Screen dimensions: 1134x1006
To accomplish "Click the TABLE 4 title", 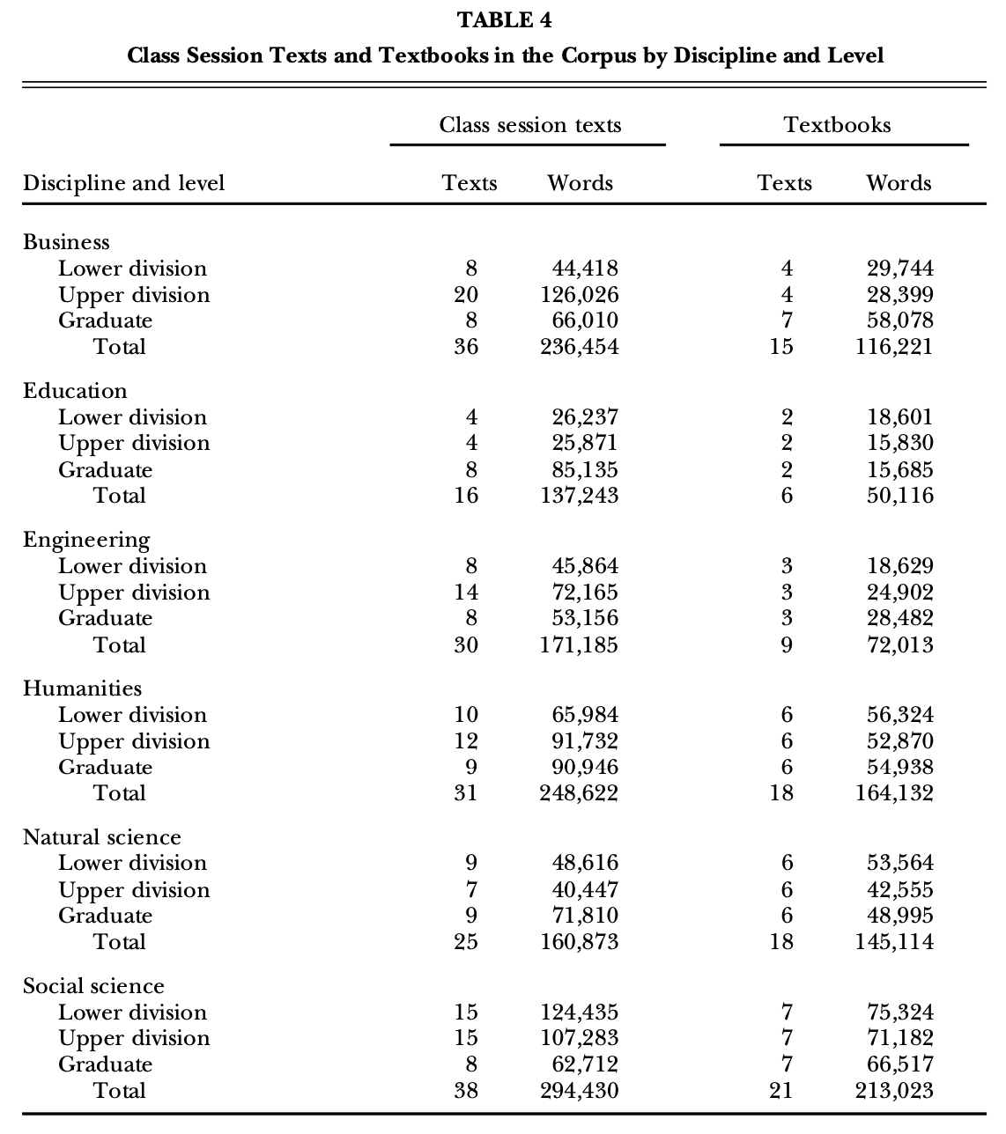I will click(x=505, y=20).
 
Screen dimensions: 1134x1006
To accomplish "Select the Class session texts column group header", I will click(x=530, y=125).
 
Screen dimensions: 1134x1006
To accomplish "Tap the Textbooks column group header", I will click(x=837, y=125).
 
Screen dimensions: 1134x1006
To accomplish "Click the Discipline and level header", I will click(x=124, y=183).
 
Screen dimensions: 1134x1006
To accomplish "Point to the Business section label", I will click(x=67, y=242).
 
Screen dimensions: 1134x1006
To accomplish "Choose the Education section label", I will click(x=75, y=391).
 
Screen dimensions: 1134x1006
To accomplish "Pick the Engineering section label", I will click(x=86, y=540).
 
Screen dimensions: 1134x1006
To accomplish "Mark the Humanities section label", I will click(x=82, y=688).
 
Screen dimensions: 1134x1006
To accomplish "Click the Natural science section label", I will click(x=102, y=837).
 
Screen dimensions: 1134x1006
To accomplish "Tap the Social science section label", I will click(x=93, y=986).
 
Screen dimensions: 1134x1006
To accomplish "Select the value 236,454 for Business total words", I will click(x=580, y=347).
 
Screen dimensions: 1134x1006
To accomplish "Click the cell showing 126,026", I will click(x=580, y=295).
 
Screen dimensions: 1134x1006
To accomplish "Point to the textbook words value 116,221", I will click(x=894, y=347).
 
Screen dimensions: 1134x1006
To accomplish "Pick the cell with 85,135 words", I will click(x=585, y=470).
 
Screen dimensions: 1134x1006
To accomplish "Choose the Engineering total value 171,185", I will click(x=580, y=645).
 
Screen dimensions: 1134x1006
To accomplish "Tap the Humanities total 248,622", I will click(x=580, y=793).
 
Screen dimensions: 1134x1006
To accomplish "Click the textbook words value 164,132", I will click(x=894, y=793).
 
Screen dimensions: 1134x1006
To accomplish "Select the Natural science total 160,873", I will click(x=580, y=942).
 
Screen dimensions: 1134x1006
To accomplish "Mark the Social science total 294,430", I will click(x=580, y=1091).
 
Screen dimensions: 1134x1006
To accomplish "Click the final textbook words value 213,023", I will click(x=894, y=1091).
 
